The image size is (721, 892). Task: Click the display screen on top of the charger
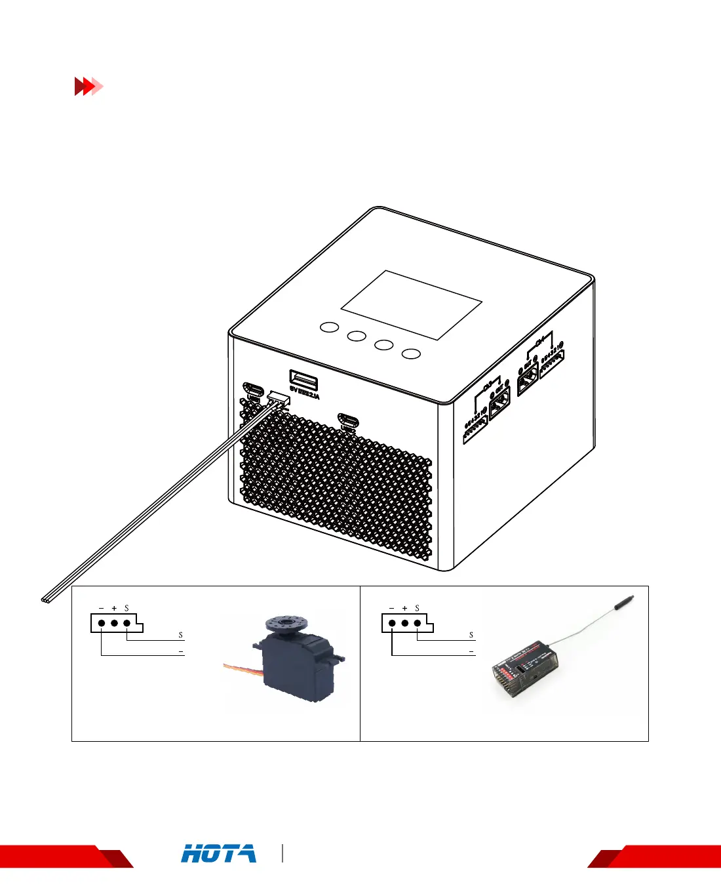click(412, 304)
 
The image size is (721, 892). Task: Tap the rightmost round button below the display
click(411, 354)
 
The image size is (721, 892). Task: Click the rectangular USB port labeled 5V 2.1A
click(303, 380)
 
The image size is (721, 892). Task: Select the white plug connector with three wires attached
click(279, 399)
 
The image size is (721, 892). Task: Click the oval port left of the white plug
click(253, 390)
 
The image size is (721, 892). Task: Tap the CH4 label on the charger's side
click(540, 341)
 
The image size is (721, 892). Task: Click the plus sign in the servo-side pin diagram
click(114, 609)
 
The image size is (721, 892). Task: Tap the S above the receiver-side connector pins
click(417, 609)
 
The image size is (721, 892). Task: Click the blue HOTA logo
click(219, 854)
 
